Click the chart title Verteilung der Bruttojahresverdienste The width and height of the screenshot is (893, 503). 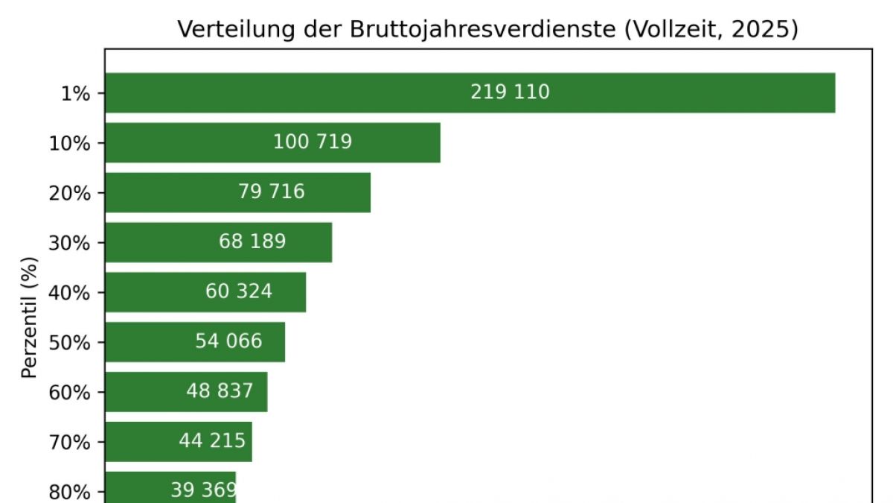487,30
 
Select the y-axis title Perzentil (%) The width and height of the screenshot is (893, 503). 29,317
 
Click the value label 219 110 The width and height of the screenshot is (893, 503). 510,92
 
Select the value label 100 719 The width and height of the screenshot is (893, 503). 313,142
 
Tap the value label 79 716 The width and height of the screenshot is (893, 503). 272,192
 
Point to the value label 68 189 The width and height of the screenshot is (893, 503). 252,242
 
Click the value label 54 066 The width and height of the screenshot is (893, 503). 228,342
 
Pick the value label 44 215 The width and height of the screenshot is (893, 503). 212,441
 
